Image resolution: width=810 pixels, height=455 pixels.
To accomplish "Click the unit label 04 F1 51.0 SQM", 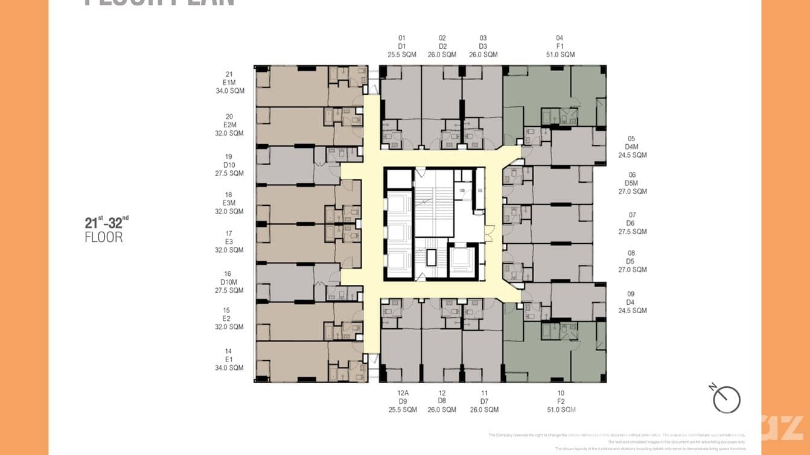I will click(x=560, y=46).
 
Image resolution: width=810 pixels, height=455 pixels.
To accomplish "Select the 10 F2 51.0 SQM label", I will click(x=561, y=401).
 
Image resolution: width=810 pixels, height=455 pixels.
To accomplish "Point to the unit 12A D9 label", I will click(x=401, y=401).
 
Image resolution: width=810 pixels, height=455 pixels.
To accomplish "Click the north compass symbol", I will click(x=725, y=398).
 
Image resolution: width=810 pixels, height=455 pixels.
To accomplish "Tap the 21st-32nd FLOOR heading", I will click(x=107, y=229).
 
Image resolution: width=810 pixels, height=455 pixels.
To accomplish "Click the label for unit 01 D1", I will click(x=401, y=46).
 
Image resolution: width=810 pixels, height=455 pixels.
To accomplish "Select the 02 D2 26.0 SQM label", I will click(x=442, y=46).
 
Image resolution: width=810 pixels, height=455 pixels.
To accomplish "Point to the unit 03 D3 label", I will click(x=483, y=46).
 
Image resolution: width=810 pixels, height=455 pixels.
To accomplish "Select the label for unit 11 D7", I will click(x=484, y=401).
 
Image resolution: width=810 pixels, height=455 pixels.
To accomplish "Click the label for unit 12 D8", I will click(x=442, y=401).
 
